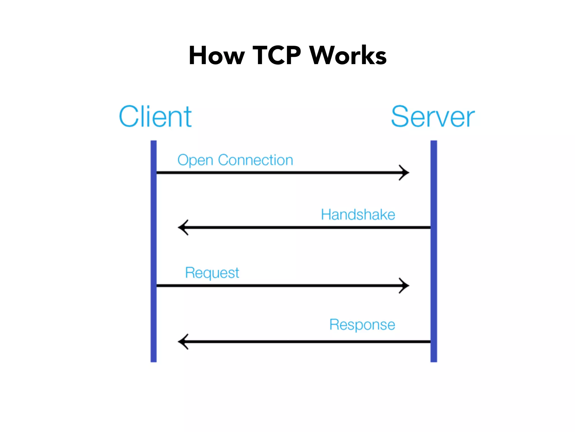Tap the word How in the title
pyautogui.click(x=216, y=55)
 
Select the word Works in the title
pyautogui.click(x=348, y=55)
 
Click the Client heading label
pyautogui.click(x=155, y=116)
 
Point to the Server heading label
pyautogui.click(x=433, y=116)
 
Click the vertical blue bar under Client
pyautogui.click(x=154, y=253)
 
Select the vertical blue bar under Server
pyautogui.click(x=434, y=253)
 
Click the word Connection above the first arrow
pyautogui.click(x=255, y=160)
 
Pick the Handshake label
pyautogui.click(x=358, y=215)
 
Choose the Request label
pyautogui.click(x=212, y=273)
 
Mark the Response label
pyautogui.click(x=362, y=325)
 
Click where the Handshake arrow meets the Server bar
pyautogui.click(x=430, y=227)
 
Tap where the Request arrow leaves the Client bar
pyautogui.click(x=157, y=285)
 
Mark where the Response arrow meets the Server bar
pyautogui.click(x=430, y=341)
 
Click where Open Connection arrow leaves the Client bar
pyautogui.click(x=157, y=172)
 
